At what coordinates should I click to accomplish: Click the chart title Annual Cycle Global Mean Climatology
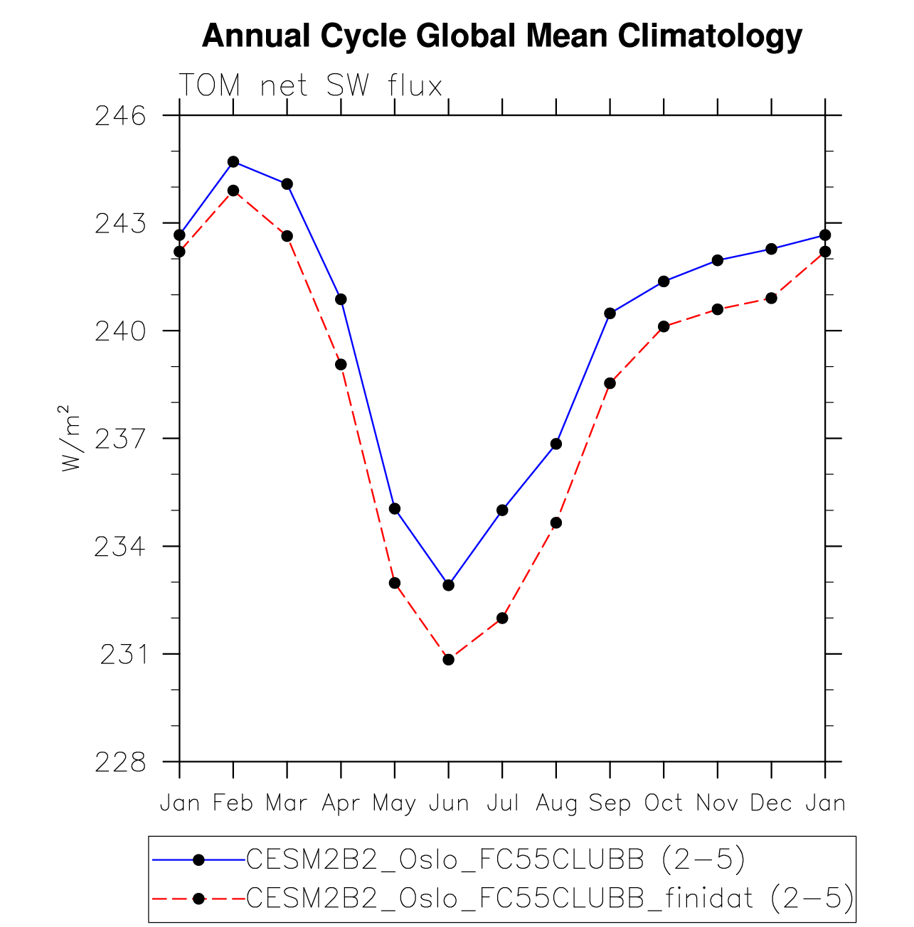coord(501,36)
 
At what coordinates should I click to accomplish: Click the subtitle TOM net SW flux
coord(310,85)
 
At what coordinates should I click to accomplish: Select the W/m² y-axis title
coord(69,439)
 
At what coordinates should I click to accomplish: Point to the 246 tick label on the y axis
coord(120,115)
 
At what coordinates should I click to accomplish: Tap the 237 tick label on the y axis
coord(120,439)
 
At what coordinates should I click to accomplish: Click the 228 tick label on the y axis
coord(120,762)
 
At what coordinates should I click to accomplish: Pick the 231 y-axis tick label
coord(122,654)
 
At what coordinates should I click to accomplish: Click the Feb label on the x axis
coord(233,803)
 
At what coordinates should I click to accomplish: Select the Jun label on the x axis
coord(449,803)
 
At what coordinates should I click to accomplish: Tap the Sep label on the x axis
coord(610,803)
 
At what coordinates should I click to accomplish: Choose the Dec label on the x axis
coord(771,803)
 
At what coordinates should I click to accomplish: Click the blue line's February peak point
coord(233,162)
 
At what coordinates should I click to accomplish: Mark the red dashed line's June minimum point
coord(448,660)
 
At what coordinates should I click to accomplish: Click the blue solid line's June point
coord(448,585)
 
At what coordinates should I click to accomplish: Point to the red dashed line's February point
coord(233,191)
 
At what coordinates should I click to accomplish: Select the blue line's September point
coord(610,314)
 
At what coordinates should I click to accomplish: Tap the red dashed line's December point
coord(771,298)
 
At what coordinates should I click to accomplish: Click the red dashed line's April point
coord(341,365)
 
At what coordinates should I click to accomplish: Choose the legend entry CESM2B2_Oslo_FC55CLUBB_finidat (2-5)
coord(549,899)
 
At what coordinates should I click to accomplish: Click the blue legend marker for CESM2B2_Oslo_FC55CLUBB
coord(199,860)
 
